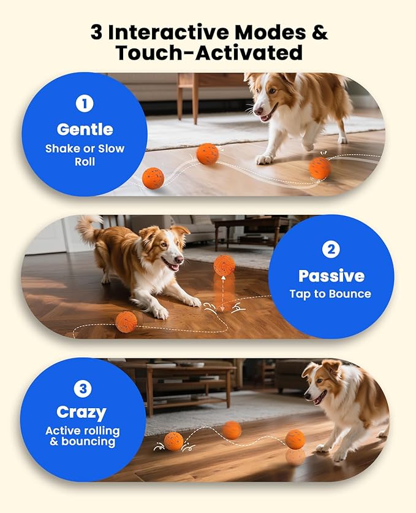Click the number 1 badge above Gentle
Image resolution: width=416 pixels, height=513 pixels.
tap(85, 104)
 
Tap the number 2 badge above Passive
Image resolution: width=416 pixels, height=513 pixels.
tap(331, 249)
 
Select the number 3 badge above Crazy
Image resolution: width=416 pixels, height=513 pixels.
tap(83, 388)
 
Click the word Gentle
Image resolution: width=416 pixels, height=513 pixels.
tap(85, 129)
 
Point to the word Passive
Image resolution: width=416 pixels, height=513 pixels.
tap(331, 276)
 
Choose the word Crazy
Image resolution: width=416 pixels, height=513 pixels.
tap(81, 412)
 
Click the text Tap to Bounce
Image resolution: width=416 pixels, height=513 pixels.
tap(331, 294)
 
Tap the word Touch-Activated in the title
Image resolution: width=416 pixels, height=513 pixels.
tap(209, 53)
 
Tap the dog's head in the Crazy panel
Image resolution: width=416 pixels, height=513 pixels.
tap(321, 381)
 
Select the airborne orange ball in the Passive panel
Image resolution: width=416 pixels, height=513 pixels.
tap(224, 264)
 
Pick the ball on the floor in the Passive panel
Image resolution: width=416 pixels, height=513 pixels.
tap(126, 322)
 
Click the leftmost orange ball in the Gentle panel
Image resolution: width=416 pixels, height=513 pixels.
tap(153, 178)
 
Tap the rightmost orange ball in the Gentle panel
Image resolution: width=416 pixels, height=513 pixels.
tap(319, 168)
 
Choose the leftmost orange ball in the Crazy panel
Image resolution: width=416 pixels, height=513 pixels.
tap(173, 441)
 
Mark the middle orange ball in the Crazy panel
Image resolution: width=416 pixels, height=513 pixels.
tap(232, 430)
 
